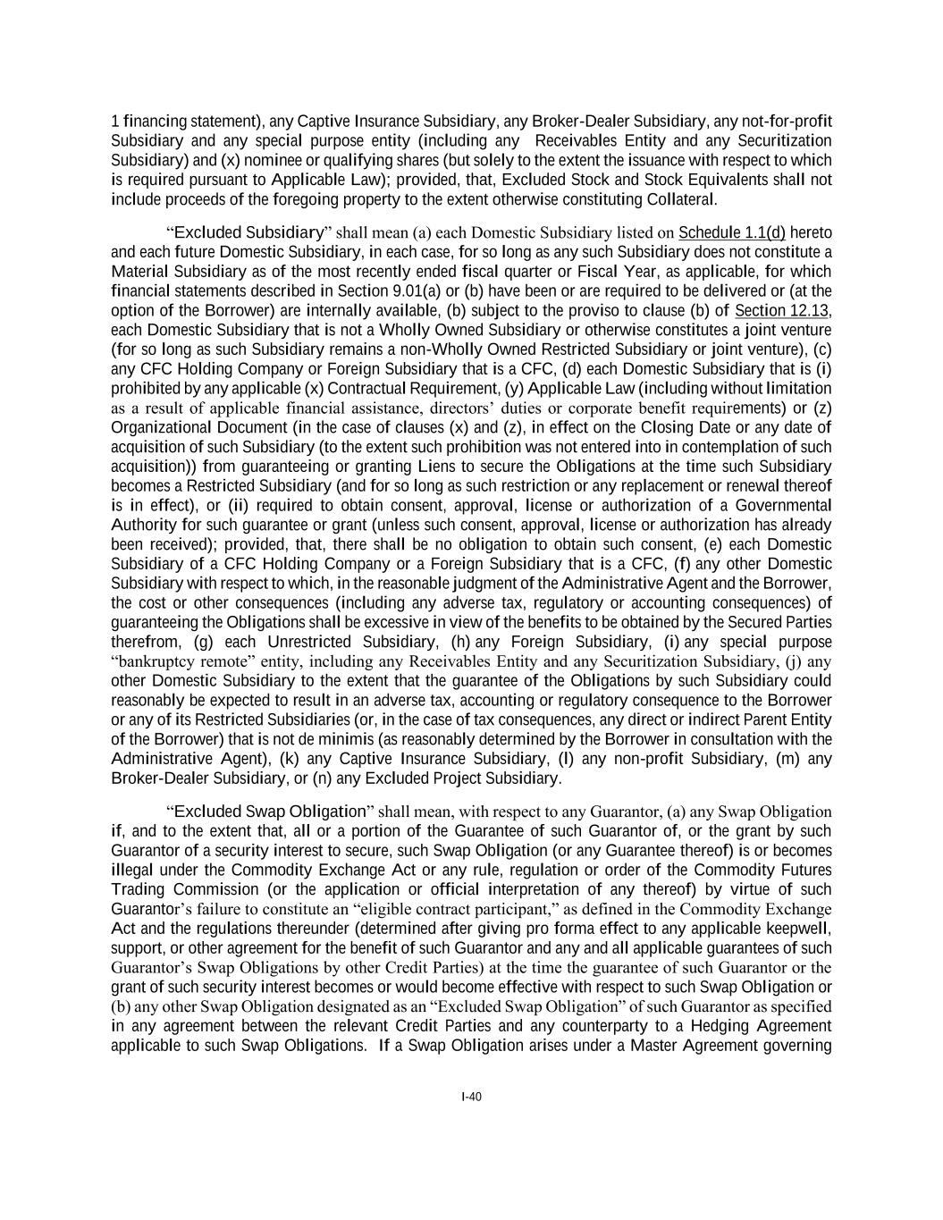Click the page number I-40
[471, 1097]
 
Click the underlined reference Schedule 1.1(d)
[731, 233]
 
